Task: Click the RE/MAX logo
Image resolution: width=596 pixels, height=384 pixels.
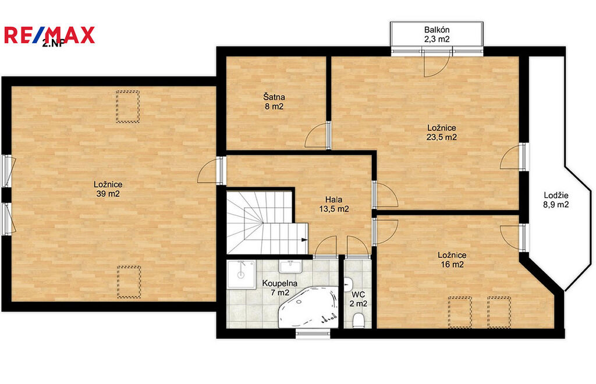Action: (x=49, y=35)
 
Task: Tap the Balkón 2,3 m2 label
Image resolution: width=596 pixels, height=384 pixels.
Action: (x=437, y=34)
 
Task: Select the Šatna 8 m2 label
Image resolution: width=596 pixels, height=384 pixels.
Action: (x=274, y=102)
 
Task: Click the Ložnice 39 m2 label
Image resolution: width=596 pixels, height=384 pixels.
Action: (x=108, y=189)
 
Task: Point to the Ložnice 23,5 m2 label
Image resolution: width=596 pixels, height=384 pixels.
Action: (x=441, y=133)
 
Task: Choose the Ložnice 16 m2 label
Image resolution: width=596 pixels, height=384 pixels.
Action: (x=452, y=260)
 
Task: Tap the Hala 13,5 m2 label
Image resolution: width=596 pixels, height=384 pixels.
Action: (x=334, y=204)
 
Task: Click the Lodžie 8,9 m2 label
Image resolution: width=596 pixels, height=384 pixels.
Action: (x=556, y=200)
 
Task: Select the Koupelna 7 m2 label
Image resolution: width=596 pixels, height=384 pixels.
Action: (x=280, y=288)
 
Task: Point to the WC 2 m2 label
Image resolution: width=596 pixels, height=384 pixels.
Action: (x=359, y=299)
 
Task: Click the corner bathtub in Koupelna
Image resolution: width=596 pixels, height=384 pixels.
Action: (x=308, y=307)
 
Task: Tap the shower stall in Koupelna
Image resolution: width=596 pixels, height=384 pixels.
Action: (x=242, y=274)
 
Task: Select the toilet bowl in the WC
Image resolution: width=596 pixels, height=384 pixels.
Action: (x=358, y=320)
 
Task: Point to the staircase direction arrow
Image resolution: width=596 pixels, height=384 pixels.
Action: (x=304, y=240)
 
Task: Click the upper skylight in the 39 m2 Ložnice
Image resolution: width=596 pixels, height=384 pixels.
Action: (x=127, y=106)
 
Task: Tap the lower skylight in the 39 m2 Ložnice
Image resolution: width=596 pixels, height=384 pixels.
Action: (x=129, y=282)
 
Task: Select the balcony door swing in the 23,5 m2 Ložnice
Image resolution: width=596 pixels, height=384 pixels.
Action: (x=437, y=63)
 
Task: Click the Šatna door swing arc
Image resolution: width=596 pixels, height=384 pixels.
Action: (x=316, y=135)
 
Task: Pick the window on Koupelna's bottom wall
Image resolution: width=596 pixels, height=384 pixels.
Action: (x=313, y=334)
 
